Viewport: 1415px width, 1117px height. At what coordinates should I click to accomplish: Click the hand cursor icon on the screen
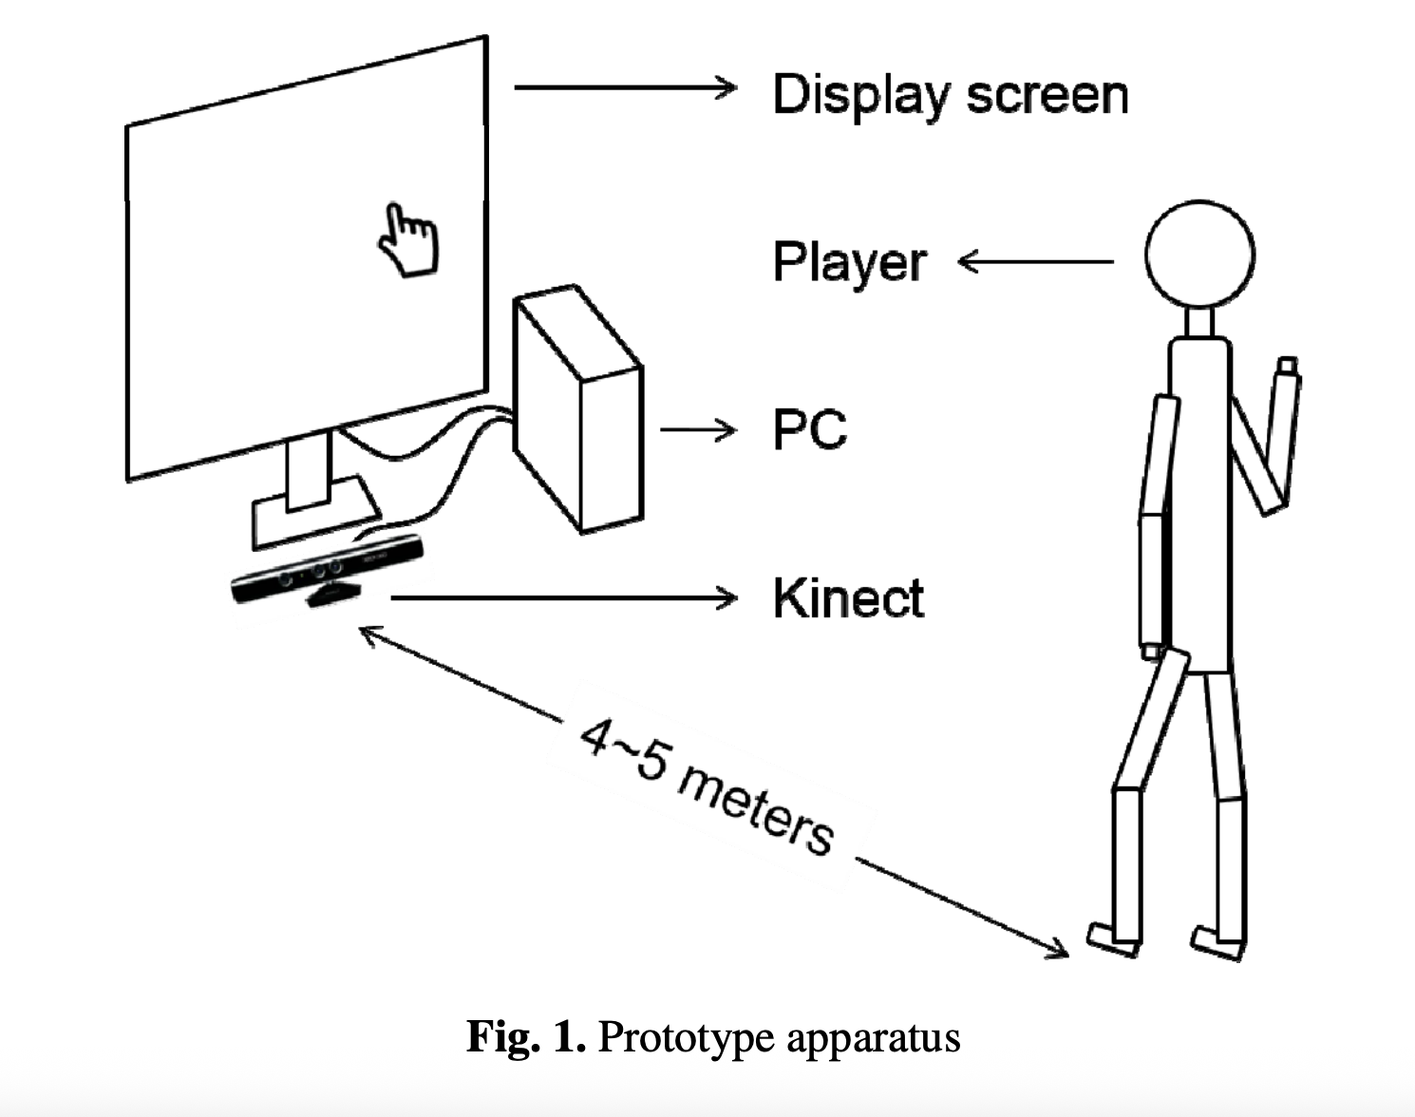click(408, 239)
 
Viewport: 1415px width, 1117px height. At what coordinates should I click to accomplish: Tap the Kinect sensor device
click(327, 573)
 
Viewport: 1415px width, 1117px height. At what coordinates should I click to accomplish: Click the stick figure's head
click(1199, 255)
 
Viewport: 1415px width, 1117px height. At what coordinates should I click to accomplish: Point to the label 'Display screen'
click(950, 95)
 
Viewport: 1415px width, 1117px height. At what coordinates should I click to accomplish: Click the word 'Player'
click(849, 262)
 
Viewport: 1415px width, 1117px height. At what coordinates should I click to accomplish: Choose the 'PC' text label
click(809, 429)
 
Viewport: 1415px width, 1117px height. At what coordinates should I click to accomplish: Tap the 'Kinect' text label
click(848, 597)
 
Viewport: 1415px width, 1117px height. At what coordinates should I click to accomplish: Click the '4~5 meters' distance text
click(707, 787)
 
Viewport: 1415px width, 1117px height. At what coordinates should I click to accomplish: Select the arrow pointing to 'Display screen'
click(625, 87)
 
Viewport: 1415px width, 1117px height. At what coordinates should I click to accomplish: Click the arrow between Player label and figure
click(1035, 261)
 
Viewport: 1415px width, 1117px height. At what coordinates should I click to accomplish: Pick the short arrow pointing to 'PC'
click(698, 430)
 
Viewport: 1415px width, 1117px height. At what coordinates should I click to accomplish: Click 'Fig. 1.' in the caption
click(525, 1036)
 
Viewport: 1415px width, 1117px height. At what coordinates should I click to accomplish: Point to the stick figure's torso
click(1200, 503)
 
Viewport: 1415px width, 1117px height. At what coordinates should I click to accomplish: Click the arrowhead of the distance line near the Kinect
click(367, 632)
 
